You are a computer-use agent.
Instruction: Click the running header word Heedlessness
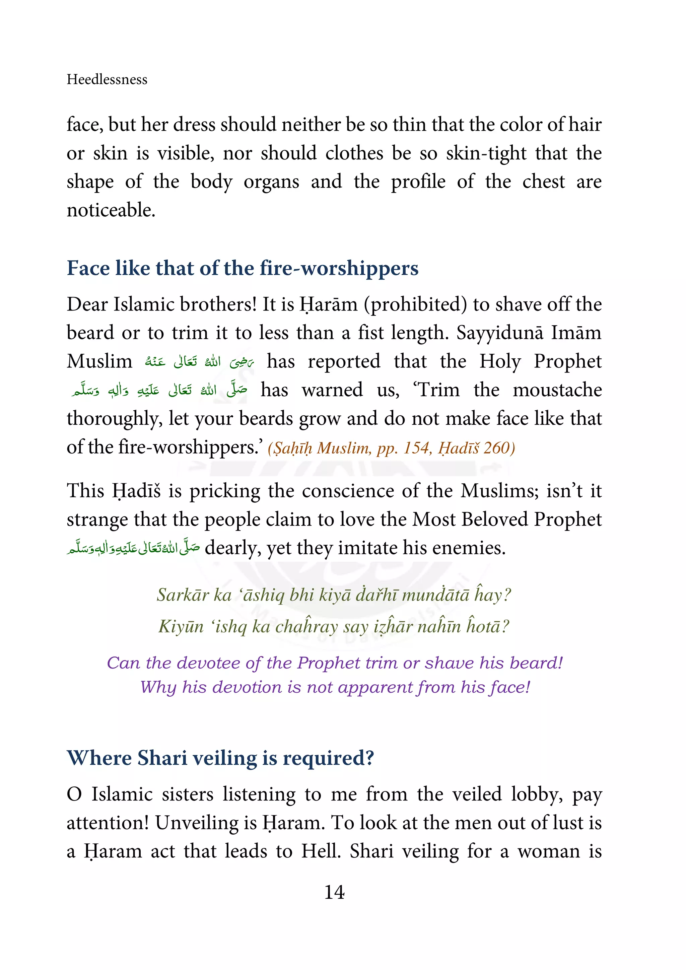[x=107, y=79]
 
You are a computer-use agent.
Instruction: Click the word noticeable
[x=111, y=210]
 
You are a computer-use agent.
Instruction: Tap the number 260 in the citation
[x=498, y=448]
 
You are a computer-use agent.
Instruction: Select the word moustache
[x=557, y=390]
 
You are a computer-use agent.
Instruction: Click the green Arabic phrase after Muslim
[x=199, y=362]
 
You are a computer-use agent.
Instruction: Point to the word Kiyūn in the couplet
[x=181, y=627]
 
